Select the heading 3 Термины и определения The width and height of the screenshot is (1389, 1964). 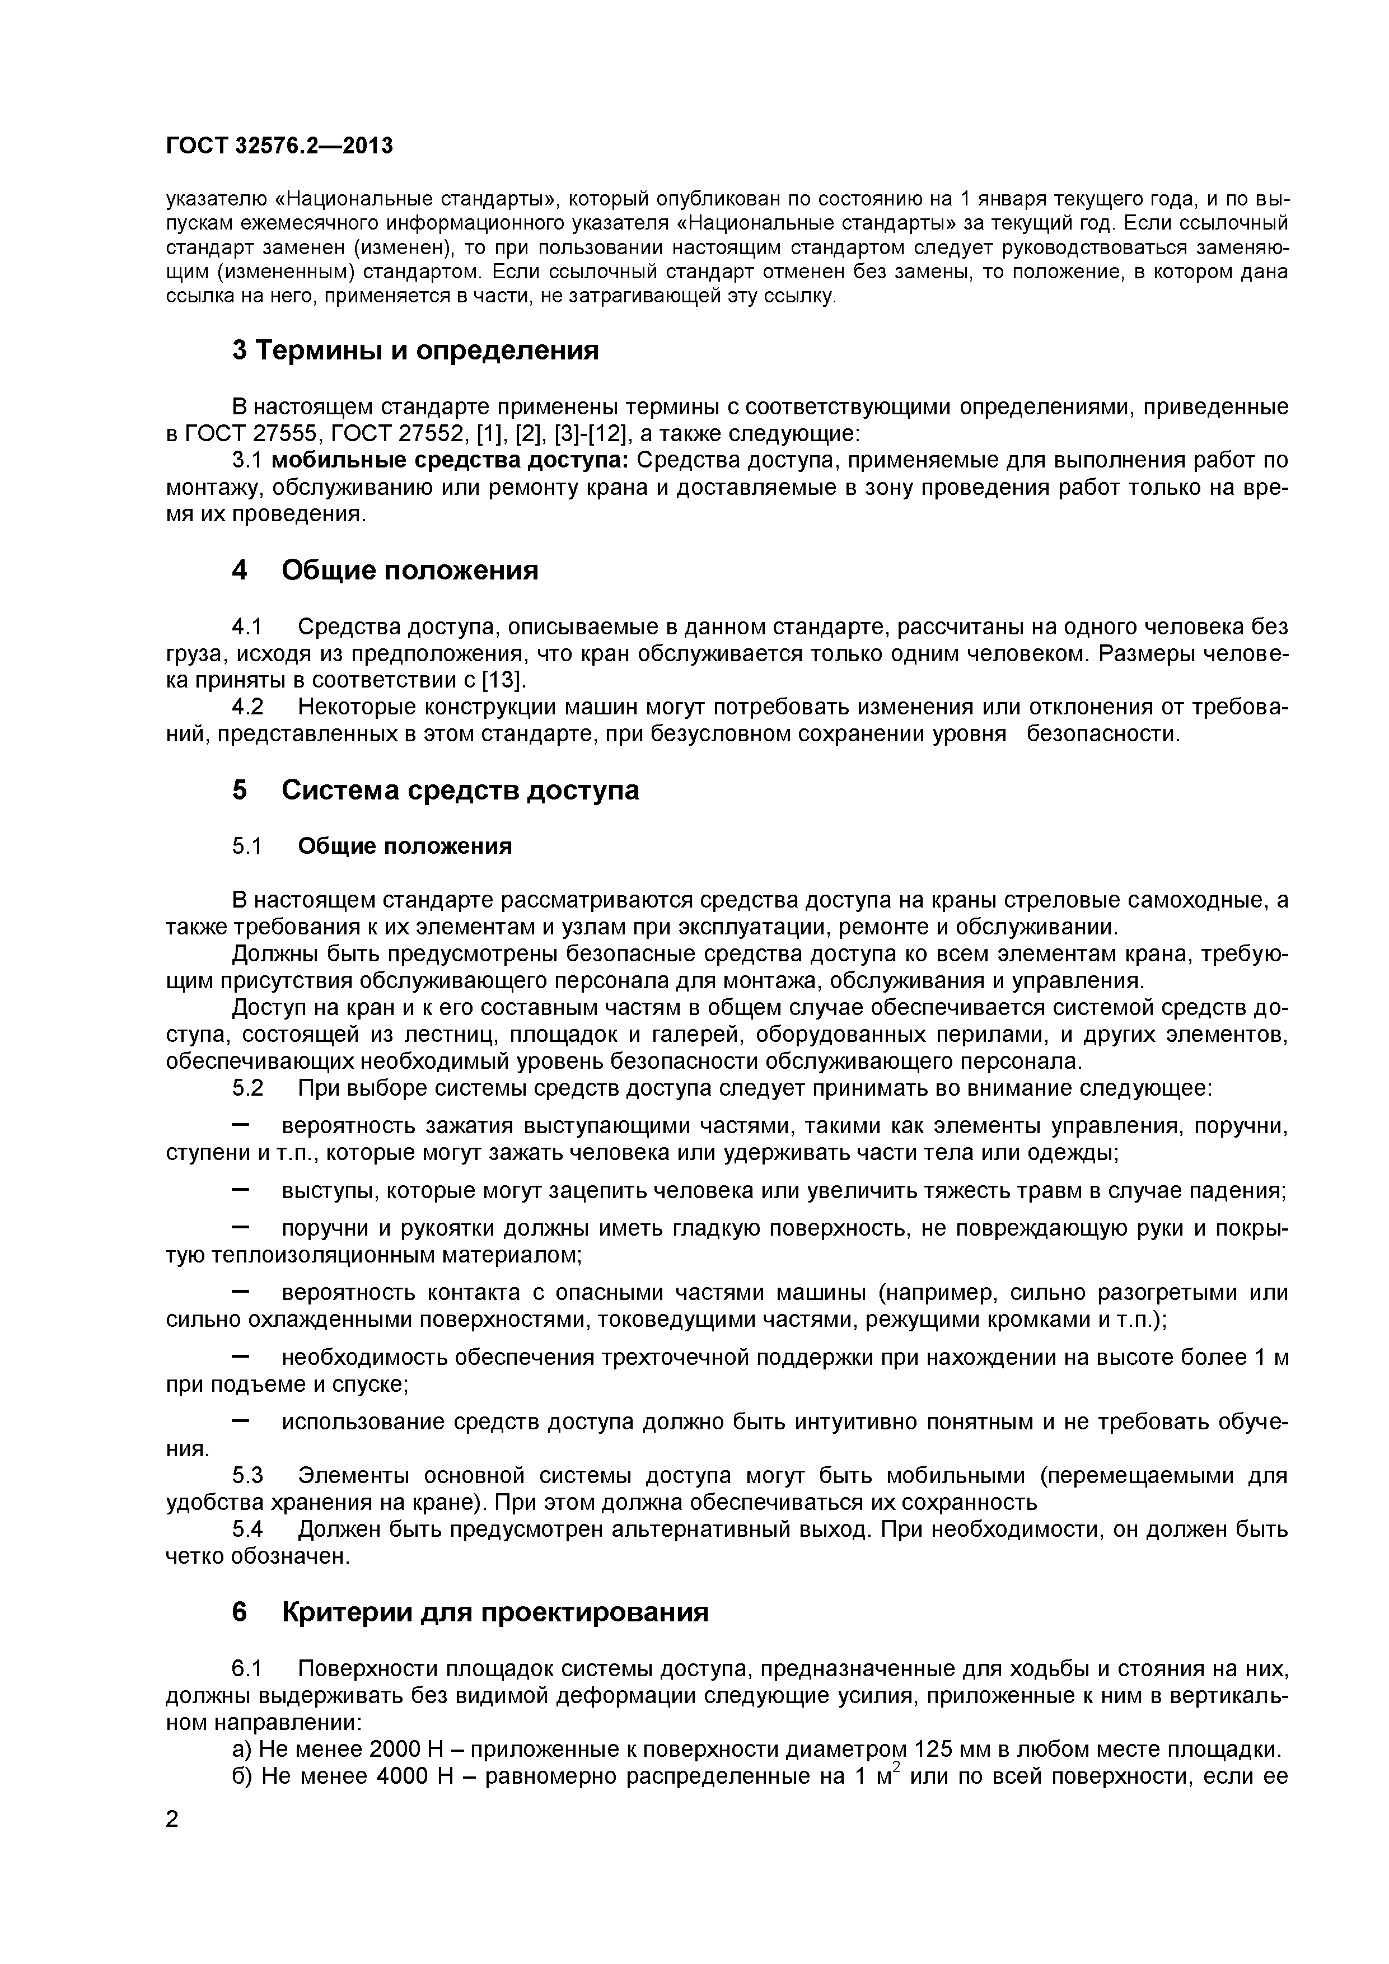(415, 350)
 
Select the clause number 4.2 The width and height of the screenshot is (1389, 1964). (247, 708)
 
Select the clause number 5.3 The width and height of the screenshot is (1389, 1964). (247, 1476)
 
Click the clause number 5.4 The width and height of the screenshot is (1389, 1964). (247, 1530)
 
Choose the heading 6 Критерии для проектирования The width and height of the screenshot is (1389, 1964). (470, 1612)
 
